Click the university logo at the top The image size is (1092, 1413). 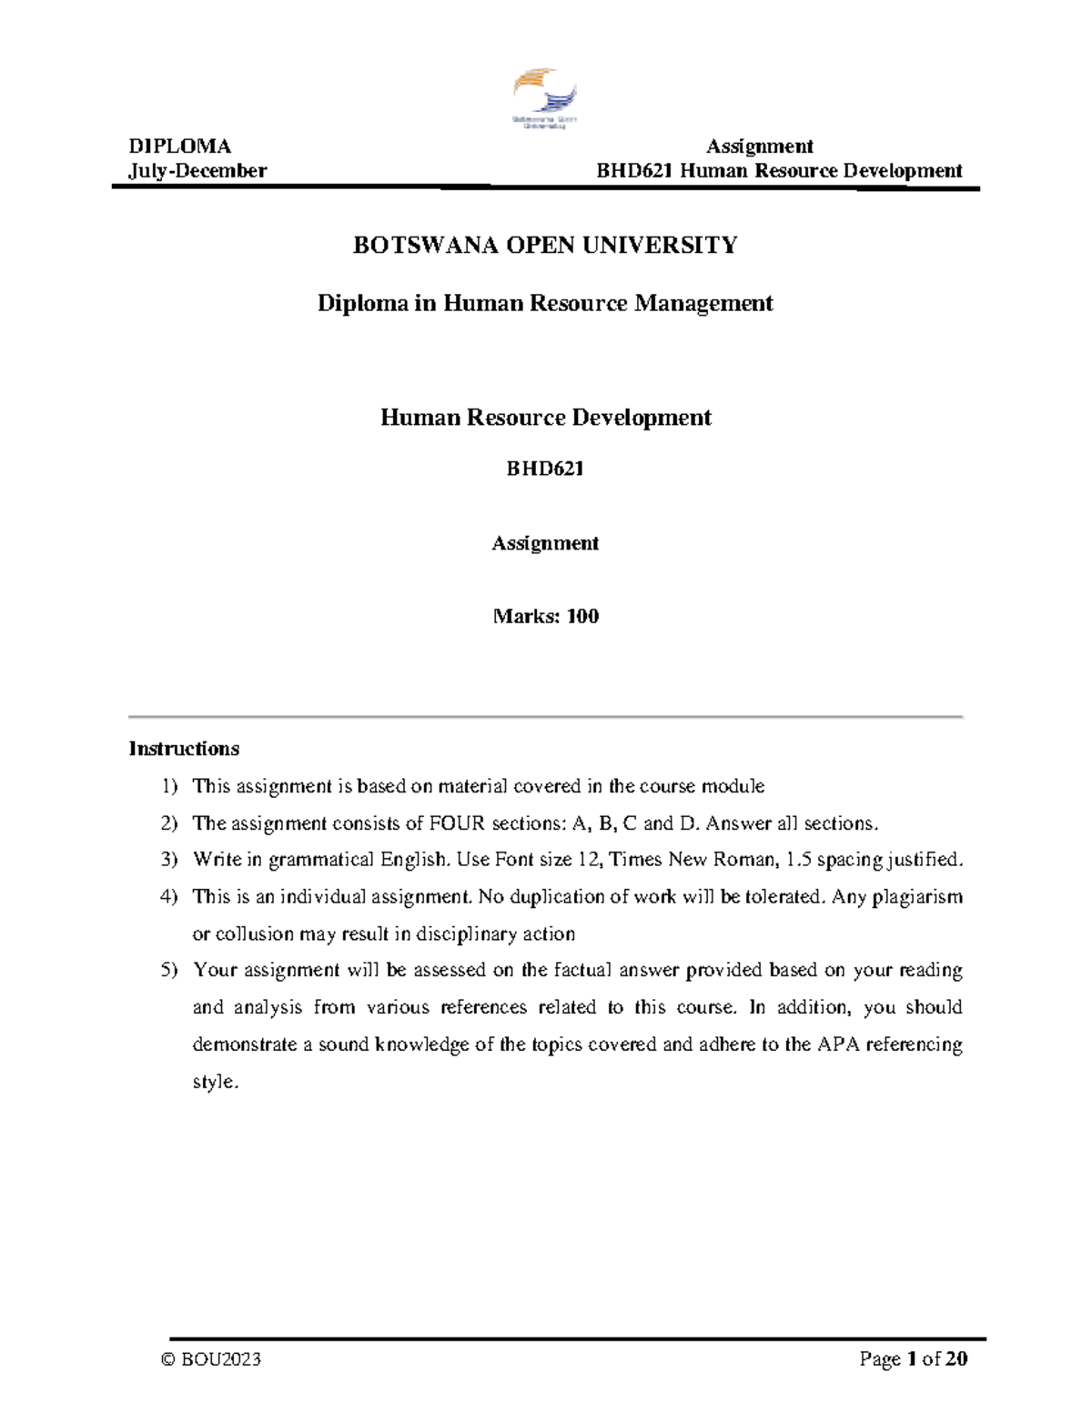coord(545,97)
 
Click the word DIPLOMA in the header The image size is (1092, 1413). coord(180,146)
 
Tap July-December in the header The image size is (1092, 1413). coord(197,171)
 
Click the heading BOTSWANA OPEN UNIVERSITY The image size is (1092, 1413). coord(545,245)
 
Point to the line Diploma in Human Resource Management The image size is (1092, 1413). coord(545,303)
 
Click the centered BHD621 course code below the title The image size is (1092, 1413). coord(545,469)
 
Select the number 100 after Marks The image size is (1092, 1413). coord(582,616)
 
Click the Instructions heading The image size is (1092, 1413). coord(184,749)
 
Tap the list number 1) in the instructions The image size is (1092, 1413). coord(170,786)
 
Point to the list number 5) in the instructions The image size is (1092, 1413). coord(170,971)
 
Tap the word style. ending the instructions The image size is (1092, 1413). coord(215,1083)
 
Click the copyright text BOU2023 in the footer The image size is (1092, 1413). coord(221,1359)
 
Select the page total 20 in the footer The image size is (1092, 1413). coord(956,1359)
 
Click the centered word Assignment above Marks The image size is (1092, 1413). coord(545,543)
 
